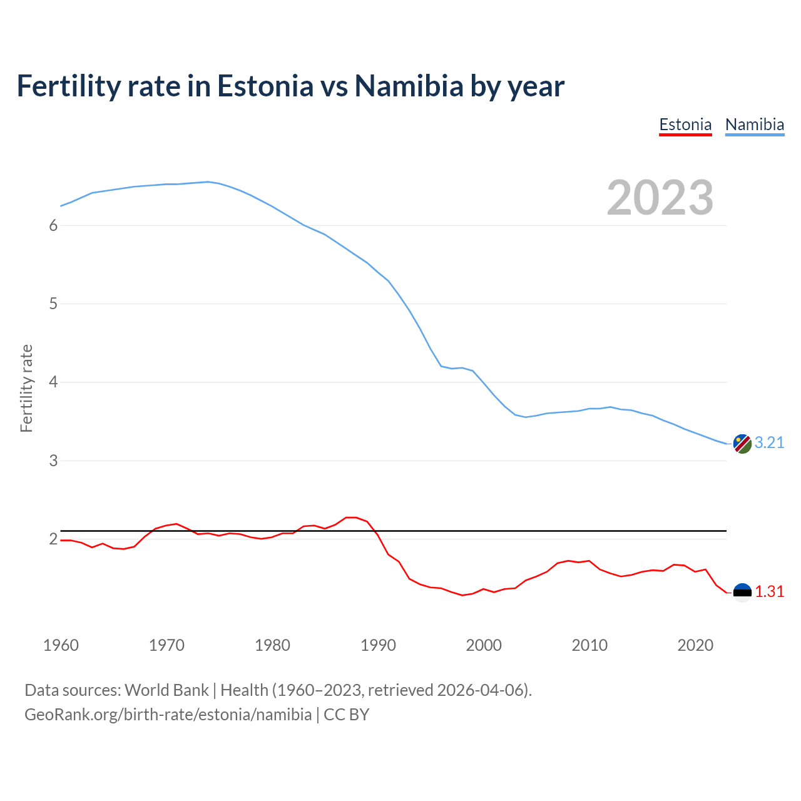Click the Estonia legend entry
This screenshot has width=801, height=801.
[685, 125]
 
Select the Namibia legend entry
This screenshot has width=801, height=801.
[754, 125]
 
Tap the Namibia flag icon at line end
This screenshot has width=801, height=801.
[742, 443]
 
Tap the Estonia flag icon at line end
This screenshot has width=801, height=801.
[742, 592]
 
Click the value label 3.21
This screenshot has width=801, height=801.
[769, 442]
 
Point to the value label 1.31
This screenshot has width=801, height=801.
[769, 591]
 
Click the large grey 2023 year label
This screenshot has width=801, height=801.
[660, 198]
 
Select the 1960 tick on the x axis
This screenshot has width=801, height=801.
[61, 645]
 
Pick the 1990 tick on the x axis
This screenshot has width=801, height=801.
[378, 645]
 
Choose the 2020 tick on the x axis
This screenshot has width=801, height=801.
[695, 645]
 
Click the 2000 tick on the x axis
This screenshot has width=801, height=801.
[484, 645]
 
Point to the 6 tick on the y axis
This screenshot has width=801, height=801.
[53, 225]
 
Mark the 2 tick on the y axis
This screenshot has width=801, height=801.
[53, 539]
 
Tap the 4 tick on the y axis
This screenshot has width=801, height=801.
[53, 382]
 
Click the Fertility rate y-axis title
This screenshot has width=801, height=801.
[26, 388]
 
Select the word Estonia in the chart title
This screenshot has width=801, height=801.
[265, 86]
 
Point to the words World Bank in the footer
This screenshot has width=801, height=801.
[166, 690]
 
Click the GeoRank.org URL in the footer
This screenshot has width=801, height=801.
[168, 714]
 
